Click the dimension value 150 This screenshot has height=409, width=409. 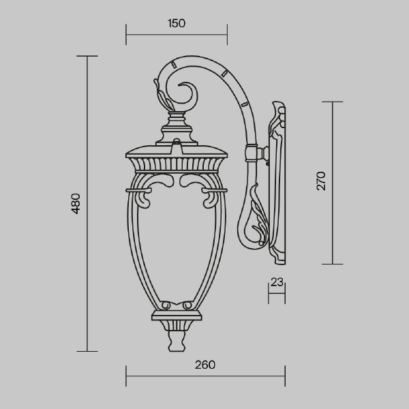click(x=177, y=23)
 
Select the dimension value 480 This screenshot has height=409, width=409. click(x=76, y=203)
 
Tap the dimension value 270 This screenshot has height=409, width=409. click(x=322, y=181)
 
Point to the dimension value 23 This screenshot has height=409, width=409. click(x=276, y=280)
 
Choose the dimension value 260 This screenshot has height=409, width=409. click(x=204, y=365)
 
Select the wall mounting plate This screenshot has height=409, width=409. click(x=279, y=184)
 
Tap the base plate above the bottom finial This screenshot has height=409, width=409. click(x=176, y=316)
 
